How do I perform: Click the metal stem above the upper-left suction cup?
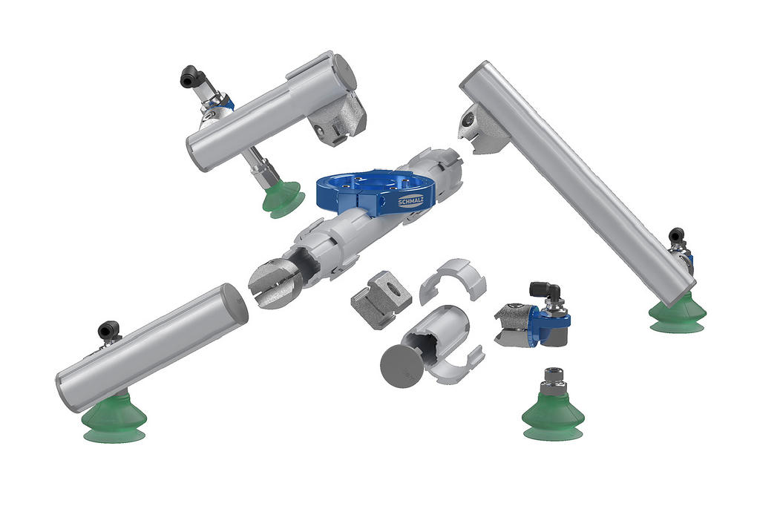click(x=263, y=168)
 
